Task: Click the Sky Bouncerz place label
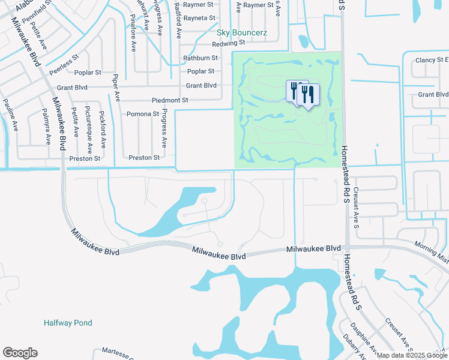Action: point(241,32)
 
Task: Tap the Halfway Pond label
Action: point(68,323)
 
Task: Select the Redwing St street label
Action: point(229,43)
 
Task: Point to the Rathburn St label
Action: point(200,58)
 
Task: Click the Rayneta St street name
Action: point(201,18)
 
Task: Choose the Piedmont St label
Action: point(171,100)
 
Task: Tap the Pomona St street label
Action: point(142,113)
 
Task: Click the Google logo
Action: point(20,353)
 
